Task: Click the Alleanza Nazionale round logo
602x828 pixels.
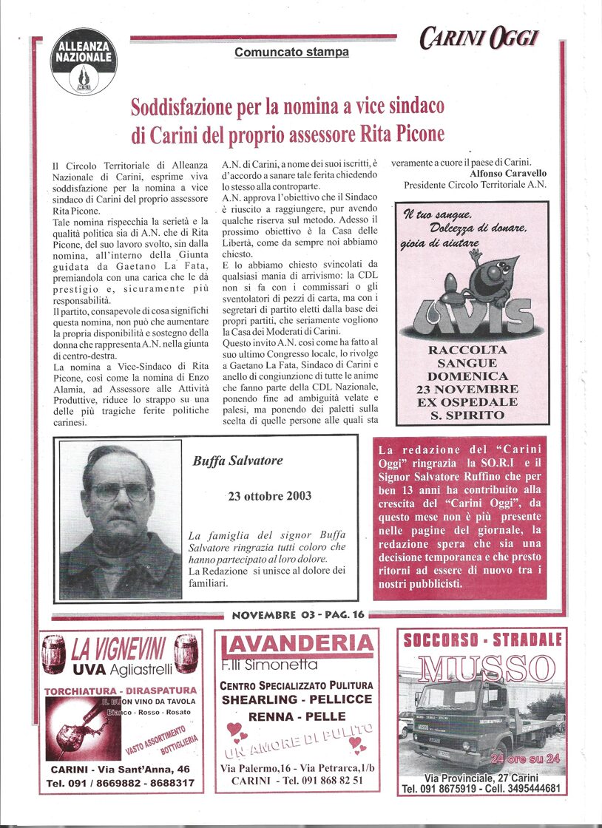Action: pyautogui.click(x=84, y=61)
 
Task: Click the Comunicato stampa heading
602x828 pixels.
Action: pyautogui.click(x=291, y=52)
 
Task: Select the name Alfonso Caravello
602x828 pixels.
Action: pyautogui.click(x=508, y=173)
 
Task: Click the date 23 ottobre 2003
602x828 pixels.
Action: pyautogui.click(x=269, y=496)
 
